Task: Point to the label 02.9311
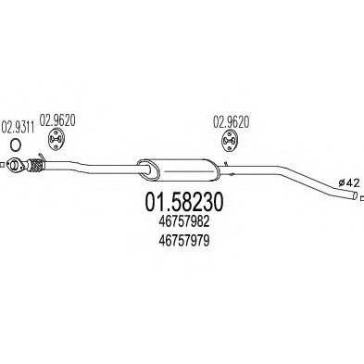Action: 18,127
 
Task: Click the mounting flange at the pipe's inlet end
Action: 15,168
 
